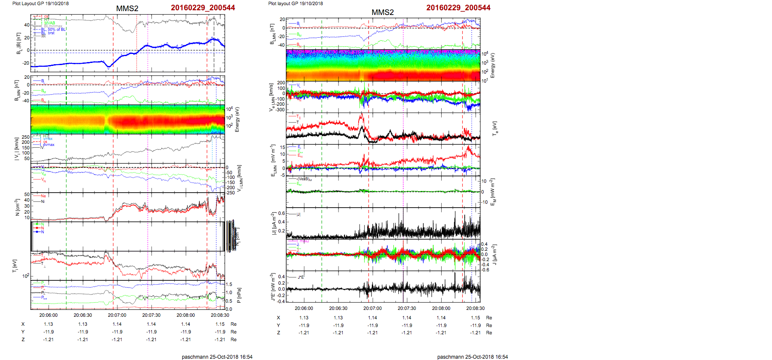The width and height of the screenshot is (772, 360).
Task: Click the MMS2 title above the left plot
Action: tap(127, 9)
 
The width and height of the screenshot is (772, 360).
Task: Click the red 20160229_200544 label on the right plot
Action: tap(458, 8)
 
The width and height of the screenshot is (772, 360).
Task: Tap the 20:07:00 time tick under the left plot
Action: tap(117, 315)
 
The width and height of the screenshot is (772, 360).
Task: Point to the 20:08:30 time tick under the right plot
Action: tap(475, 308)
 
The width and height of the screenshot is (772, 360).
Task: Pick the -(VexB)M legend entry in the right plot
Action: tap(304, 179)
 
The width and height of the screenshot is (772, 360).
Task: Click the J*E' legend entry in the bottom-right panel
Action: tap(300, 277)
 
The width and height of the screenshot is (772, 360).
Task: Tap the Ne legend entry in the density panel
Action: tap(43, 196)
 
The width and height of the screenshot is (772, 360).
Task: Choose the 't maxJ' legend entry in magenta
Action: tap(303, 241)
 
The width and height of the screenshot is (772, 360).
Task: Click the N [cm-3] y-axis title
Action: tap(17, 207)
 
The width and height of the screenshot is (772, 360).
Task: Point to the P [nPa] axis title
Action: tap(239, 295)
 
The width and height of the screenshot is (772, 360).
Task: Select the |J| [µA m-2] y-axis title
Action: tap(273, 223)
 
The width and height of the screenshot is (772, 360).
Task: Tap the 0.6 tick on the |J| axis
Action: tap(282, 213)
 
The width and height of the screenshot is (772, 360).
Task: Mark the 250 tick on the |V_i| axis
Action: tap(26, 137)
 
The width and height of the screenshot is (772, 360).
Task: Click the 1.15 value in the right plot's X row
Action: tap(475, 318)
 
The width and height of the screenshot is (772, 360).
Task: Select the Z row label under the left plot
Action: tap(23, 339)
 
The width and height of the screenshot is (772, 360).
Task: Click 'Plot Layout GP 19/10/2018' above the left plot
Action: tap(40, 3)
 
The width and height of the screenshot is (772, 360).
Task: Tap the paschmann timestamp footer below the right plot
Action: tap(472, 357)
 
